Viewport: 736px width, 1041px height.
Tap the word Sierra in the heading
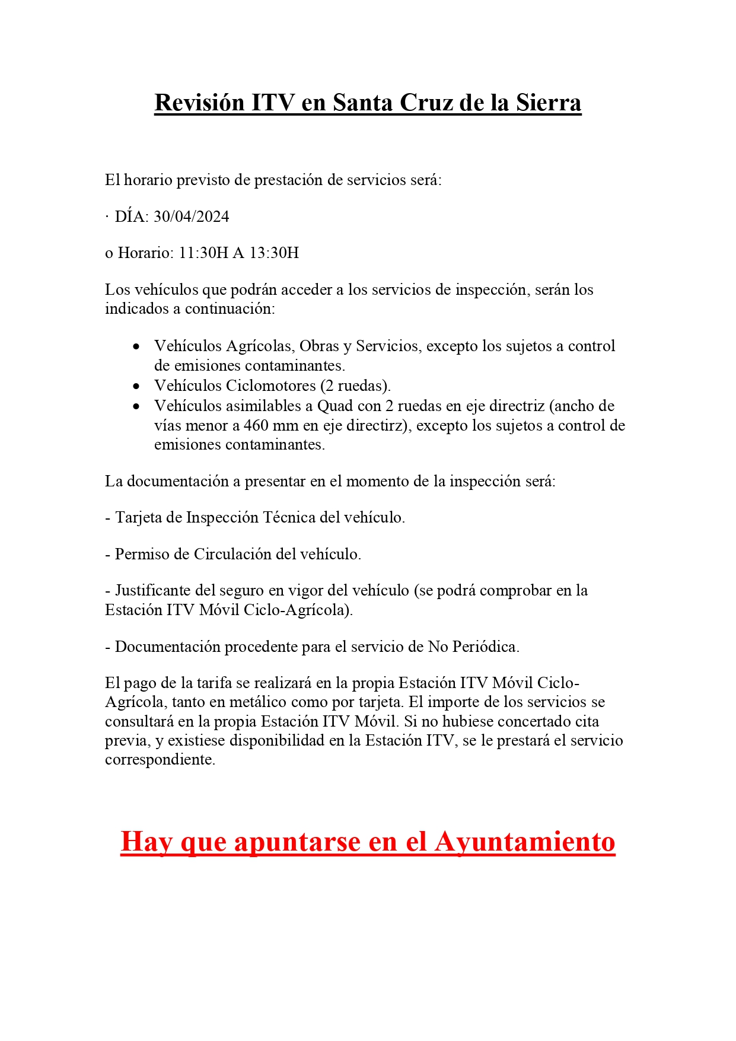(548, 103)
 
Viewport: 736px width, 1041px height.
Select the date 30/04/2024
(191, 217)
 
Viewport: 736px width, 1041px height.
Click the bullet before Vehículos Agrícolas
(137, 346)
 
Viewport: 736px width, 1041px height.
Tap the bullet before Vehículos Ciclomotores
(137, 386)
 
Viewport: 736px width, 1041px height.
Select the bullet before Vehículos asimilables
(137, 406)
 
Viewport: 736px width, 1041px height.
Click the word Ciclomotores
(270, 386)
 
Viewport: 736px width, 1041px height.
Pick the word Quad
(335, 406)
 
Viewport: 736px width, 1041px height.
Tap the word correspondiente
(160, 760)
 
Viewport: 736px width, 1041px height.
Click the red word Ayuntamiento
(525, 842)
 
